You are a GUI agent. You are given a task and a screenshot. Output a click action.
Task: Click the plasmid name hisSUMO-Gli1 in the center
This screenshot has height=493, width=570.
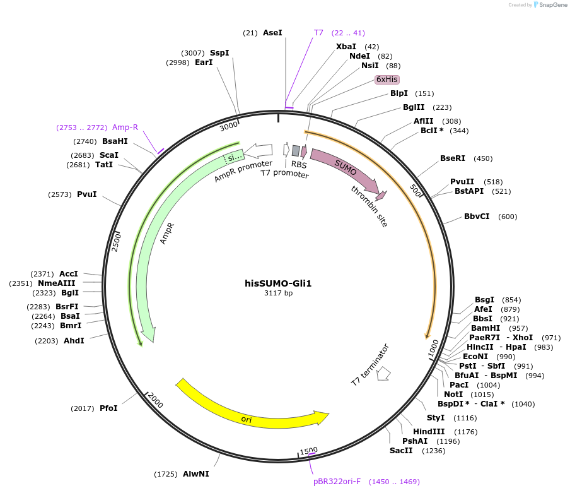278,283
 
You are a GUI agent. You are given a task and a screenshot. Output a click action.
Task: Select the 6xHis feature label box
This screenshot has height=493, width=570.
387,80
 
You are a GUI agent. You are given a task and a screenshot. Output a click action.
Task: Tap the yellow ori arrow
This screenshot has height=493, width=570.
252,411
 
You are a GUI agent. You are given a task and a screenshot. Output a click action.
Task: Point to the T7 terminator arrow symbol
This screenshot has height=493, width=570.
383,374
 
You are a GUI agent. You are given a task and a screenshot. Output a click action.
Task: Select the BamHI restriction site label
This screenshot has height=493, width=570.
486,328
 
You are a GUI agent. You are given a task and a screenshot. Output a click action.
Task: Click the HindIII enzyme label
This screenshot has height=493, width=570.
429,432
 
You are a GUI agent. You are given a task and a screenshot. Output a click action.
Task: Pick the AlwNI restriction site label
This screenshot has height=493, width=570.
196,473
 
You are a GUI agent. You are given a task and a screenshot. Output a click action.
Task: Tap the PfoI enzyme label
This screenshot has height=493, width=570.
108,408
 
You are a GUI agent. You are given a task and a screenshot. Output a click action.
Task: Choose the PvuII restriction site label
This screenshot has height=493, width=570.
462,182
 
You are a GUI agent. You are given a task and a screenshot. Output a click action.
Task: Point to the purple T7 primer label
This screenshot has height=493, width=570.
318,33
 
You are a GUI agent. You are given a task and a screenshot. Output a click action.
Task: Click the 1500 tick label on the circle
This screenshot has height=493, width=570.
309,451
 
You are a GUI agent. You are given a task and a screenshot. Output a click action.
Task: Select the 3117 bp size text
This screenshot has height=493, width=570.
278,293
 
